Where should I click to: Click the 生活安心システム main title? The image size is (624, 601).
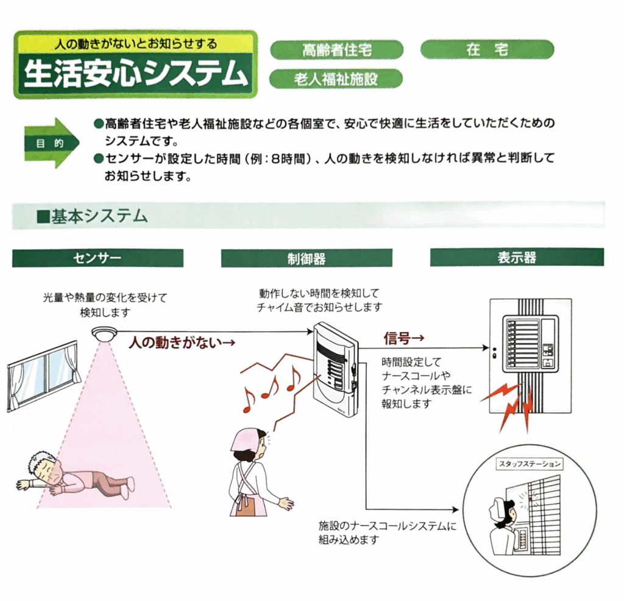coord(135,74)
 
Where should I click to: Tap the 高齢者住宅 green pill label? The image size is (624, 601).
coord(336,50)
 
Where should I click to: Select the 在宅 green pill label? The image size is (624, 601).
coord(487,49)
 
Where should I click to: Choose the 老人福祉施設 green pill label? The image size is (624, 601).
coord(336,79)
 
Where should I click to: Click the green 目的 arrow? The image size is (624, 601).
coord(52,143)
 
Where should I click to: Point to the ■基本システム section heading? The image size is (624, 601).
coord(92,216)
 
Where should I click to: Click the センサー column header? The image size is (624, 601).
coord(97,258)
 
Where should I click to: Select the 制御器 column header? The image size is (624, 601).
coord(307,258)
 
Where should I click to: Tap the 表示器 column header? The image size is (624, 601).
coord(517,257)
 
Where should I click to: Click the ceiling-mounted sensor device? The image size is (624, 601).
coord(104,333)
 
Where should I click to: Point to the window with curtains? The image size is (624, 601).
coord(43,375)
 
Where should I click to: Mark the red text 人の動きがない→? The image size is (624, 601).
coord(182,343)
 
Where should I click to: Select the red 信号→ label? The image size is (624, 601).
coord(404,338)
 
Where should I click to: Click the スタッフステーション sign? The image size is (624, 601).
coord(530,464)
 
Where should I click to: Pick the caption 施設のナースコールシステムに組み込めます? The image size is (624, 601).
coord(387,533)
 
